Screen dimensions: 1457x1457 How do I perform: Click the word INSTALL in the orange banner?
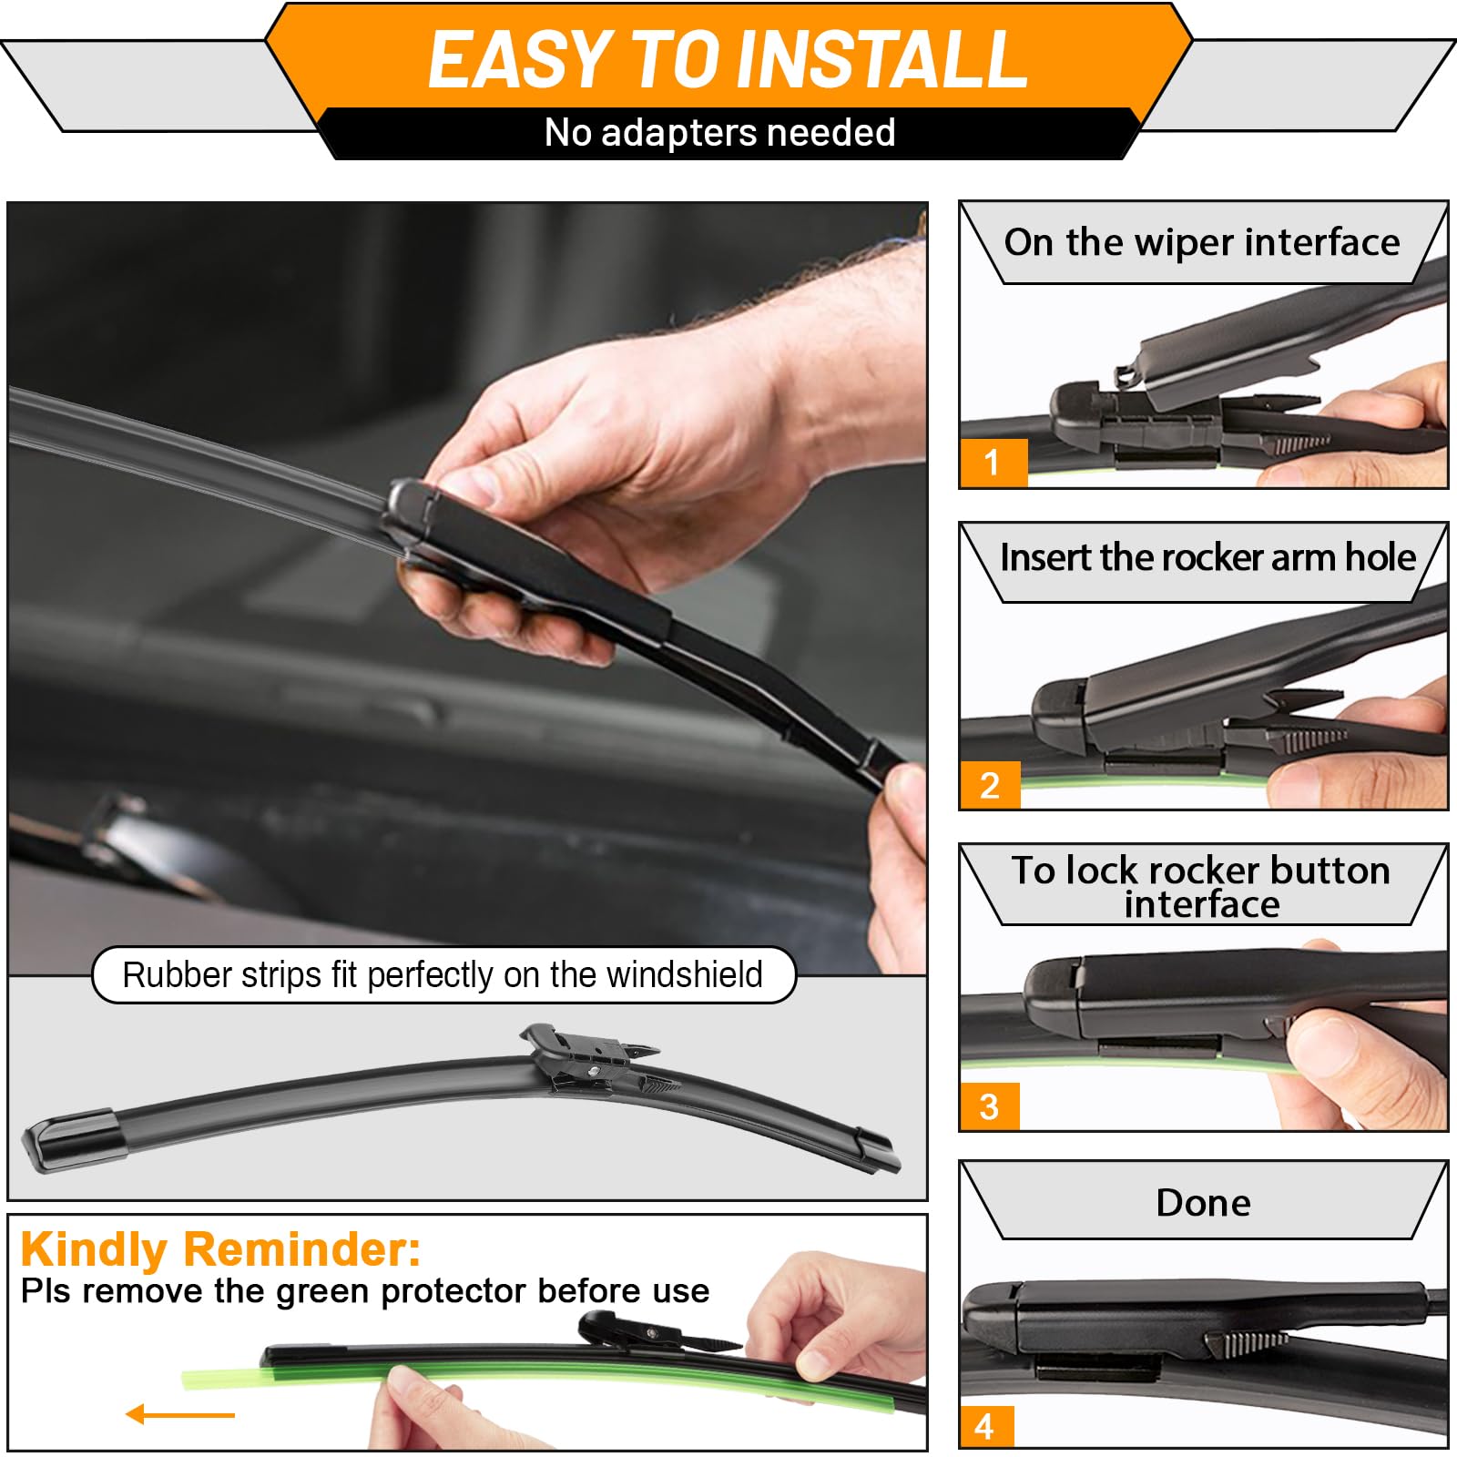point(881,60)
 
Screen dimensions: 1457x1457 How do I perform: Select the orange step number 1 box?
point(993,463)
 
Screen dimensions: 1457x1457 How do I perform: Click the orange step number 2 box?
point(990,785)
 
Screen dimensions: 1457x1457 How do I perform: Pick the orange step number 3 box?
point(989,1106)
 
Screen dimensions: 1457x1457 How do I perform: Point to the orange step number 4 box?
point(984,1426)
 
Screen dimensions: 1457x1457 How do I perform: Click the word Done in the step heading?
point(1203,1203)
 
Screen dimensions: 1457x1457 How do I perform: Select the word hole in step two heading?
point(1380,557)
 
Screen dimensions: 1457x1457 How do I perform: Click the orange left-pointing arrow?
point(180,1414)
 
